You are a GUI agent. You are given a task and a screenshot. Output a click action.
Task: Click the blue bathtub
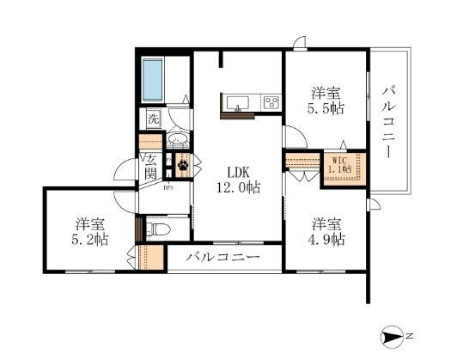point(152,80)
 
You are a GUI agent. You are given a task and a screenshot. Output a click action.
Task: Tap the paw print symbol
point(183,165)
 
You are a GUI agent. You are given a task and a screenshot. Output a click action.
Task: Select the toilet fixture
point(159,229)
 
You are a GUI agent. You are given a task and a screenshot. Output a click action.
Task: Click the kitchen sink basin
point(238,103)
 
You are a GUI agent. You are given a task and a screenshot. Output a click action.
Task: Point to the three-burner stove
point(271,102)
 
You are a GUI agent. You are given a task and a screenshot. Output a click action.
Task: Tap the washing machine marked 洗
point(154,119)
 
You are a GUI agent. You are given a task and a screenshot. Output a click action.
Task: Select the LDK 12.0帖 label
point(238,180)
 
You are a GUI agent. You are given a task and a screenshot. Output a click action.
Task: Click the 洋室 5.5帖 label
point(326,101)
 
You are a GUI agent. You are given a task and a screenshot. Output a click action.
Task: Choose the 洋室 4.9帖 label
point(326,232)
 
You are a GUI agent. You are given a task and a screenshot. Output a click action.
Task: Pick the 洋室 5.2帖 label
point(89,232)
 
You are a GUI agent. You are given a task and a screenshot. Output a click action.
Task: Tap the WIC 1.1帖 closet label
point(340,165)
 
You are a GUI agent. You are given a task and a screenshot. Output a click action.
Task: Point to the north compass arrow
point(393,338)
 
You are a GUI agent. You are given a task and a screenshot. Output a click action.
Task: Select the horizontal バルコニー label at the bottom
point(223,257)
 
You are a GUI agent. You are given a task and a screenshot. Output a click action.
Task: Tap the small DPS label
point(168,188)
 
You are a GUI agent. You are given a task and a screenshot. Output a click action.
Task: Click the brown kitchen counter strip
point(238,116)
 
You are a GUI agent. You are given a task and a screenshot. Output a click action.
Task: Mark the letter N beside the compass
point(410,336)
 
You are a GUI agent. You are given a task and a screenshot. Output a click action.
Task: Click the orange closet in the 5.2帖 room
point(151,258)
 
